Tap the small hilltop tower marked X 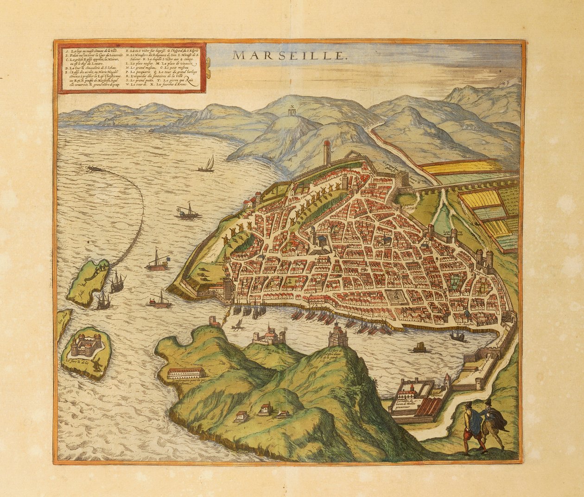[x=292, y=112]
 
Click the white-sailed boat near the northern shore [x=208, y=164]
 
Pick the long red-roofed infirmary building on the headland [x=186, y=373]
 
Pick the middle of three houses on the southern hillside [x=265, y=409]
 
